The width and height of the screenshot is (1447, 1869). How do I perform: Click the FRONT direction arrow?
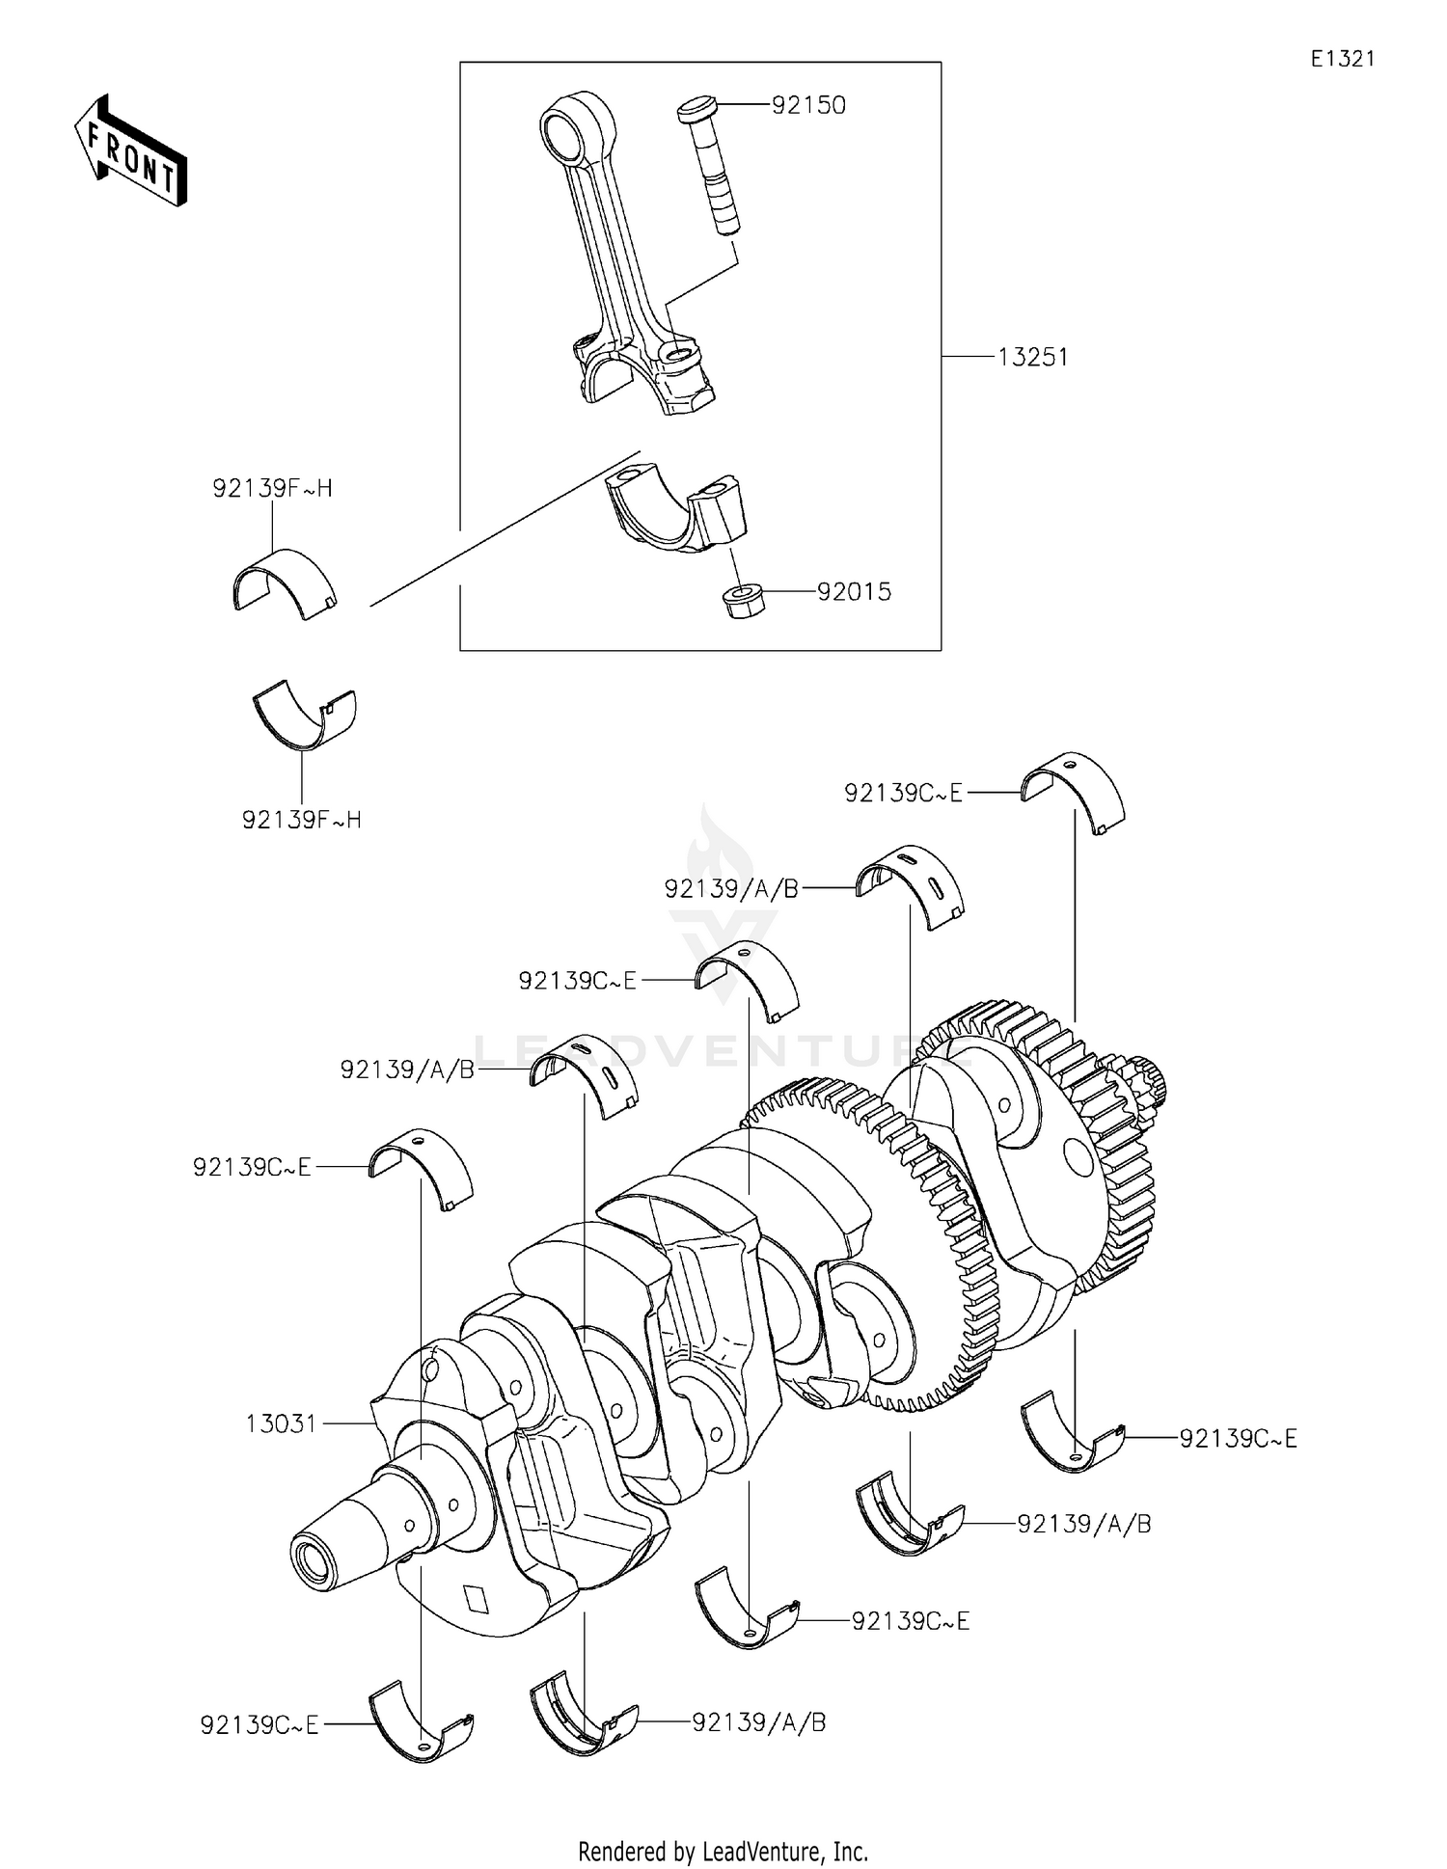[130, 150]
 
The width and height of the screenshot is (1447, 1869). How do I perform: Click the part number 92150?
[808, 105]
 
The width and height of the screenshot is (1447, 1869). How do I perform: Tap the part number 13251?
[1032, 357]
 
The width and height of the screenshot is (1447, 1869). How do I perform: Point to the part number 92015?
[854, 591]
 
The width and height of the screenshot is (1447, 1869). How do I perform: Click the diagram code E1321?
[1342, 59]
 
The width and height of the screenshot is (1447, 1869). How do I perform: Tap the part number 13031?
[281, 1423]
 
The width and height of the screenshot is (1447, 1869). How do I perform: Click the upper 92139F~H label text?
[272, 488]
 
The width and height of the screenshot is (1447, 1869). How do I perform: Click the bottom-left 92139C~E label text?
[259, 1724]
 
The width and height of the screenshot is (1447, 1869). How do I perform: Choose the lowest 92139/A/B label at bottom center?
[758, 1721]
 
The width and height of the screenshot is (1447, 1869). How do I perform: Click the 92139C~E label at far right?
[1238, 1438]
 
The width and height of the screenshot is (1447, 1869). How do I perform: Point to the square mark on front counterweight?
[476, 1598]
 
